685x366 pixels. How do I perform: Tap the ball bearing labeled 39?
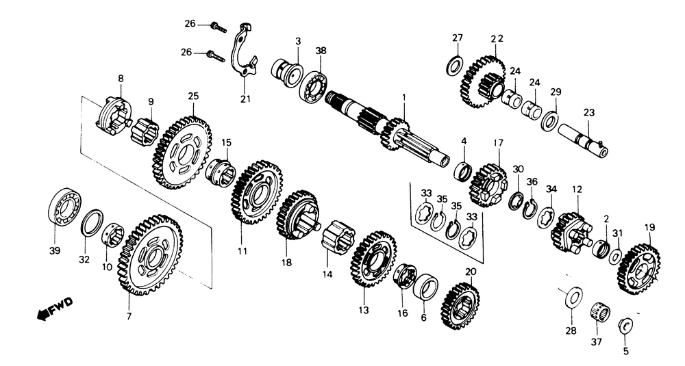(65, 205)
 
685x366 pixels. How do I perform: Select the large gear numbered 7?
(149, 254)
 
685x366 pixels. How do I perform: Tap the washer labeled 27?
(453, 66)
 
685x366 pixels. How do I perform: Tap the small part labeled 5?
(625, 324)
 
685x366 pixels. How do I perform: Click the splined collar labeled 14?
(338, 243)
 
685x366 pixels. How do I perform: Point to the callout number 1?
(404, 98)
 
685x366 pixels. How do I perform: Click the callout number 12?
(577, 187)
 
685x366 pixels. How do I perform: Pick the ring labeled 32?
(92, 222)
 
